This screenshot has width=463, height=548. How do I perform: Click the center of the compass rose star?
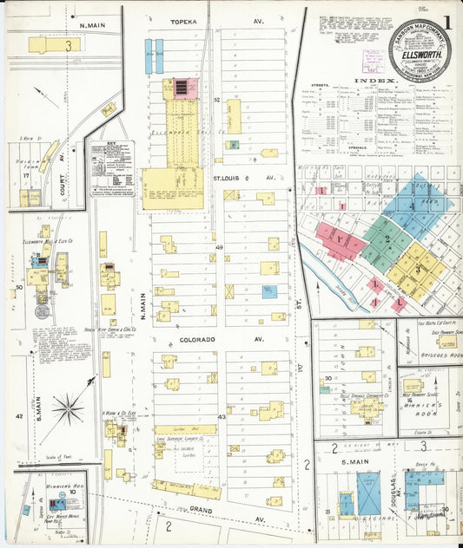[x=67, y=407]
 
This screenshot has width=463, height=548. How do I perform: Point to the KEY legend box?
[x=111, y=165]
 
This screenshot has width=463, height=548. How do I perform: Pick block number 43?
[x=222, y=417]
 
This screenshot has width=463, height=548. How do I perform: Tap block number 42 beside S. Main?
[x=18, y=416]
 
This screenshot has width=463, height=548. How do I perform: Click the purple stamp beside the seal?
[x=373, y=60]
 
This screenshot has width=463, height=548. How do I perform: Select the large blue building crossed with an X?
[x=367, y=493]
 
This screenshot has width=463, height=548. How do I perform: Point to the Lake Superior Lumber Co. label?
[x=174, y=440]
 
